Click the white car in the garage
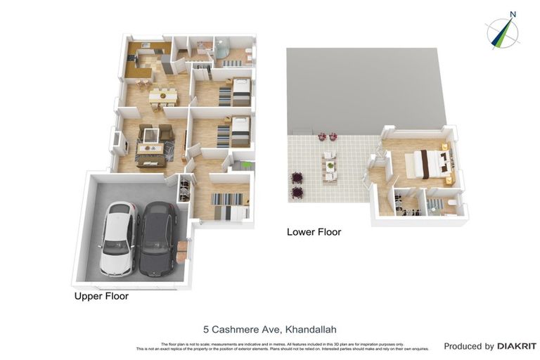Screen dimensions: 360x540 [x=119, y=238]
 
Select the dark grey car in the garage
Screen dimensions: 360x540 [x=158, y=239]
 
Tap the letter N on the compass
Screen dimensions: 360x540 [x=513, y=14]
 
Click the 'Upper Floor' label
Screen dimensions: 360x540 [x=101, y=297]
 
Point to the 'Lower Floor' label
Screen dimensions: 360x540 [x=314, y=231]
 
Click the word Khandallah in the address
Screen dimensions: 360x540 [x=311, y=329]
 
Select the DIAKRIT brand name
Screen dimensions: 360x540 [x=517, y=346]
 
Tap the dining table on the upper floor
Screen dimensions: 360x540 [x=161, y=94]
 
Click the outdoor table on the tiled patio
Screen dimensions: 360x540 [x=329, y=167]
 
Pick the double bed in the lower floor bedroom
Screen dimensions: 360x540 [x=430, y=162]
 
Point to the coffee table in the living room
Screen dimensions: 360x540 [x=150, y=148]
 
